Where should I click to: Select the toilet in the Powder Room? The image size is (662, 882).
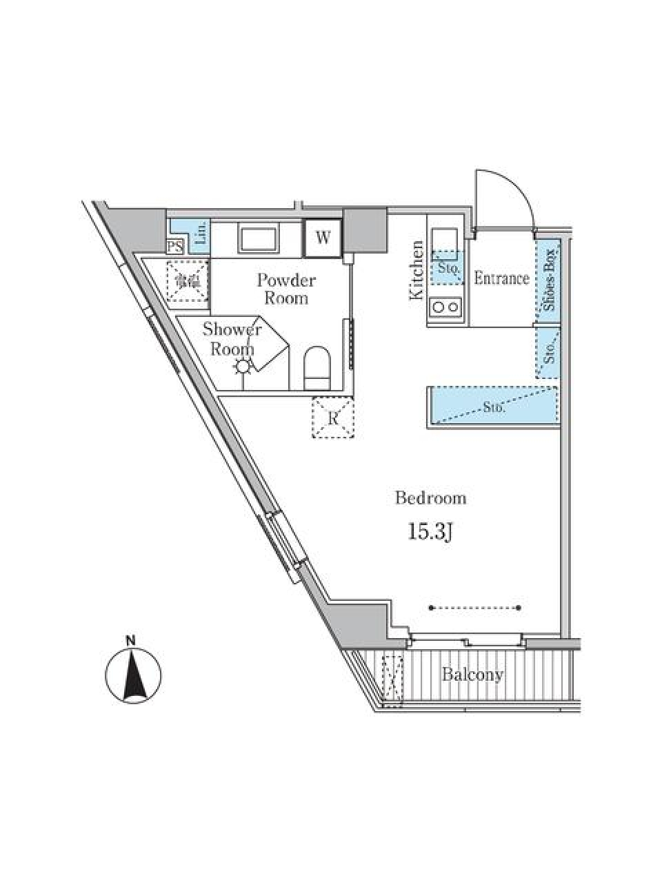coord(317,366)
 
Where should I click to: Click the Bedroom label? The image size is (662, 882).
coord(430,498)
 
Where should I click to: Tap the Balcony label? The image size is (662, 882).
coord(472,675)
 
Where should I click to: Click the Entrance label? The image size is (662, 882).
coord(501,278)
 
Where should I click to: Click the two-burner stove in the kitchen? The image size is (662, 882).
coord(446,307)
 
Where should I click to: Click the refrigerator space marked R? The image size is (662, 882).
coord(333,418)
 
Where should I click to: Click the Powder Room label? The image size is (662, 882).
coord(286,289)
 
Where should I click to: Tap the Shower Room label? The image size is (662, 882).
coord(232,339)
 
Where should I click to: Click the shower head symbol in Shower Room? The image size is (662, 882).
coord(243,367)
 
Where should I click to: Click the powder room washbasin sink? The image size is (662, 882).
coord(258,239)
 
